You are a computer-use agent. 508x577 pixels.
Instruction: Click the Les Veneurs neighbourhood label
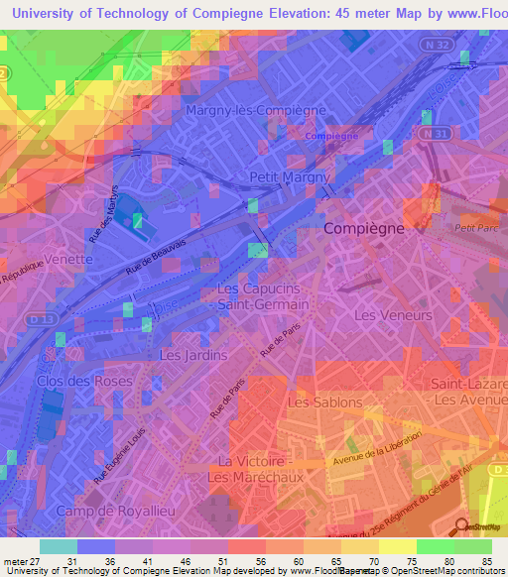click(393, 315)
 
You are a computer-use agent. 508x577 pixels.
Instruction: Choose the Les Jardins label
click(193, 354)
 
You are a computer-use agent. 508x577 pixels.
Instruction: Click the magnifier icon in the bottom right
click(461, 524)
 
